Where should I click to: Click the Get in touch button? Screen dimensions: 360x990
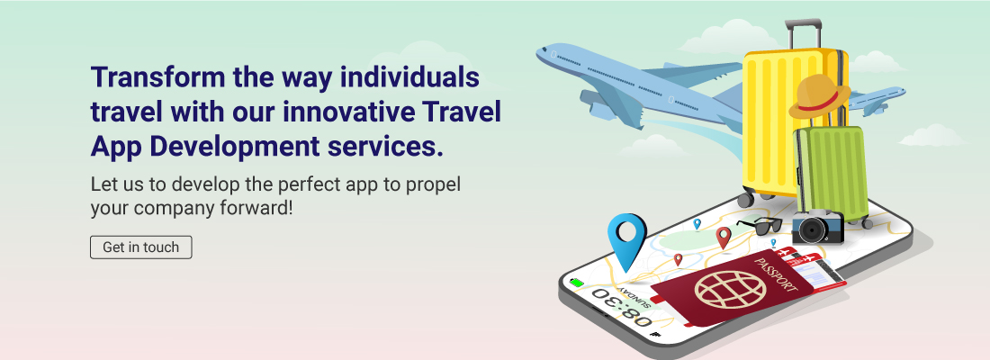tap(141, 247)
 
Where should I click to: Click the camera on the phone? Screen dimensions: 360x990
tap(815, 228)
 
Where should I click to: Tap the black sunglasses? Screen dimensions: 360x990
tap(760, 225)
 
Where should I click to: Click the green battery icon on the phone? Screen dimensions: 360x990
tap(577, 283)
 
